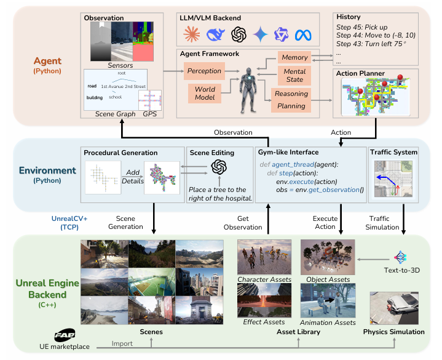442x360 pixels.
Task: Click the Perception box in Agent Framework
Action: pos(204,71)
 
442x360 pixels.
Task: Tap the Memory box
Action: pos(293,58)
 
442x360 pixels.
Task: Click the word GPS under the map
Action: pos(150,114)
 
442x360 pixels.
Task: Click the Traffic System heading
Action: pos(394,152)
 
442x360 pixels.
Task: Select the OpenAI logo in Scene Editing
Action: pos(219,168)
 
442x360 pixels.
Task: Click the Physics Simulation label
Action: pos(393,332)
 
